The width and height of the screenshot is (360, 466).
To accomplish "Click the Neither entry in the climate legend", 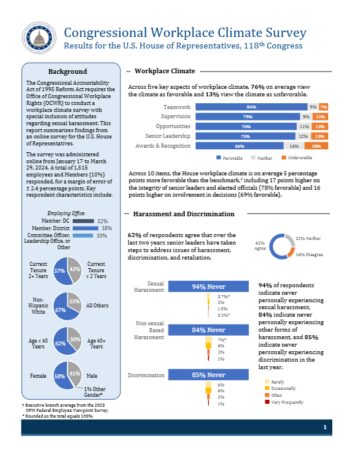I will click(x=271, y=158).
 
